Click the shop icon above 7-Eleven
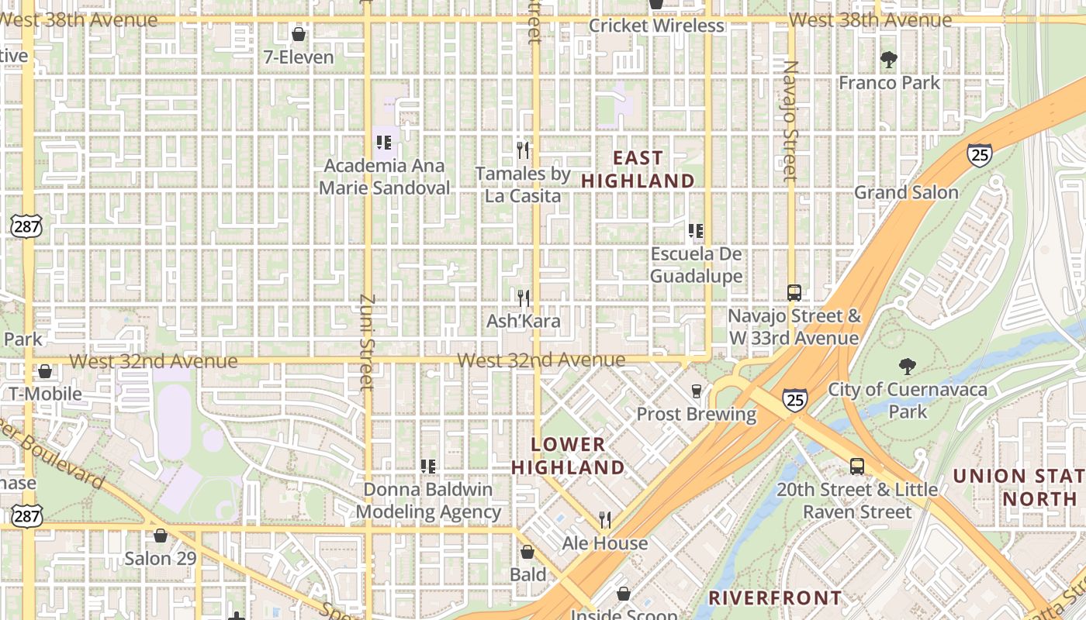298,34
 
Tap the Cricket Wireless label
656,26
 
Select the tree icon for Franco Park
889,59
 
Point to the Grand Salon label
906,192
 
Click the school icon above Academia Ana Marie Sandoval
383,143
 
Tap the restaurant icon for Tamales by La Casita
523,149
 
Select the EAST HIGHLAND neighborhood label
638,169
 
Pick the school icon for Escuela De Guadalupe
696,231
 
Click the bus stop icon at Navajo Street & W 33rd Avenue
794,292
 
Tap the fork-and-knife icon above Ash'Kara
523,298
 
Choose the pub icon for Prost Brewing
696,391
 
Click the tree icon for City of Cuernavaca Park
906,367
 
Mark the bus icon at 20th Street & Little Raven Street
856,467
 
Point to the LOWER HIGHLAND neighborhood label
568,456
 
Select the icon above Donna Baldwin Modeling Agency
427,466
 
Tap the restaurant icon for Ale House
605,519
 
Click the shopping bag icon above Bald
527,552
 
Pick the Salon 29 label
161,558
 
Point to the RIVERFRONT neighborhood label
775,598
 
